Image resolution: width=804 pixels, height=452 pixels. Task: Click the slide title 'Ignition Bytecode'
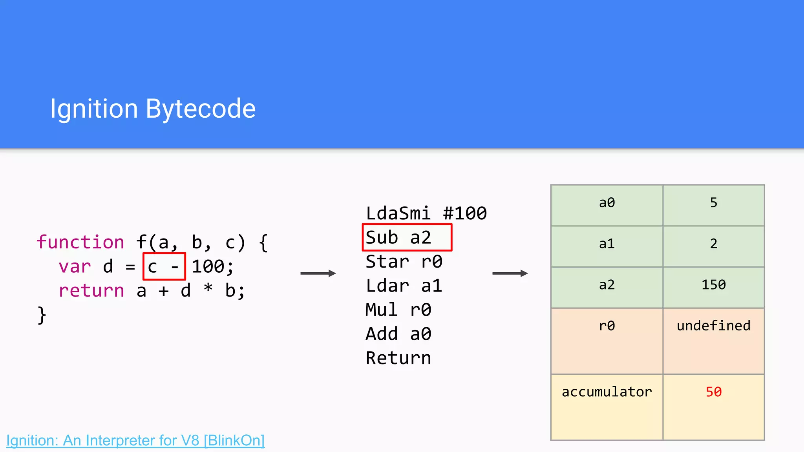coord(153,109)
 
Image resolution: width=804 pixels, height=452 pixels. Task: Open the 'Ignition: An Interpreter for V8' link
coord(135,440)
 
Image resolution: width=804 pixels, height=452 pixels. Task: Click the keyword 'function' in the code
coord(80,242)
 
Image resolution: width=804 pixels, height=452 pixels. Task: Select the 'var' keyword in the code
coord(75,267)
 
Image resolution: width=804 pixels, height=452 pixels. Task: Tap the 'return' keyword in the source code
coord(91,291)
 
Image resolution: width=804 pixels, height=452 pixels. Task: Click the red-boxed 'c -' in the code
coord(164,267)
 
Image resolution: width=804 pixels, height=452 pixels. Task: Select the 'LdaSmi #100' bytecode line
coord(426,213)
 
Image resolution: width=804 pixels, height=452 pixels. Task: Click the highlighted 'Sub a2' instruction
coord(407,237)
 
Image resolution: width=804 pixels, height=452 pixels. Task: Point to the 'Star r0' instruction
coord(404,262)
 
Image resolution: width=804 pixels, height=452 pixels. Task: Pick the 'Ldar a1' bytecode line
coord(404,286)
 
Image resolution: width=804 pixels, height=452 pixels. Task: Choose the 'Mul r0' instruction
coord(398,310)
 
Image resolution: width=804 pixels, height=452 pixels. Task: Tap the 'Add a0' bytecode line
coord(398,334)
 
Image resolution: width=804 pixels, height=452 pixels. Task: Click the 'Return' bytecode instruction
coord(398,358)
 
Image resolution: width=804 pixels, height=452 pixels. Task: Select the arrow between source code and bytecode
coord(318,273)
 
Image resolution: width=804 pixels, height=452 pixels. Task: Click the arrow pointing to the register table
coord(510,273)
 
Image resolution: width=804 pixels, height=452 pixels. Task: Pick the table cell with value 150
coord(713,285)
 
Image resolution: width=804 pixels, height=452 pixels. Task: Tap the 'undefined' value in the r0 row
coord(713,326)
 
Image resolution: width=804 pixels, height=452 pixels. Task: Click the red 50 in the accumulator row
coord(713,392)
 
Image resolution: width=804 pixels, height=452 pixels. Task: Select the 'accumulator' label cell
coord(607,392)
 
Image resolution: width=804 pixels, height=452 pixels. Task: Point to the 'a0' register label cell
coord(607,203)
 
